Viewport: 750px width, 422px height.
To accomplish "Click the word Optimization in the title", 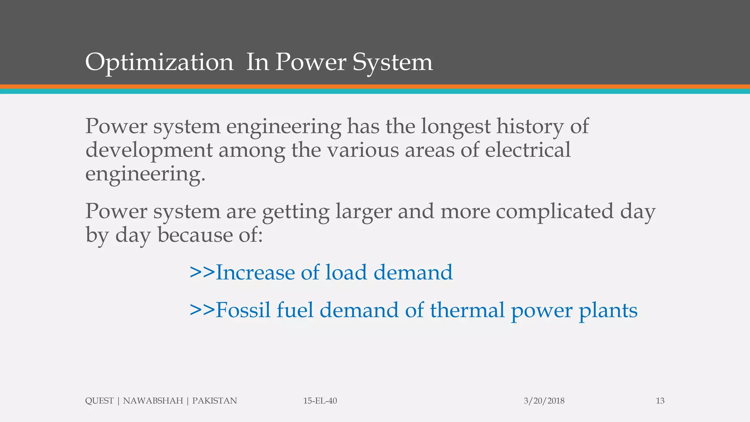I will (x=159, y=62).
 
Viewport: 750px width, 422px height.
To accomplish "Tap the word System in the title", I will (x=393, y=62).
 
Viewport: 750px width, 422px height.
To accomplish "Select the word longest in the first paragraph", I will (x=456, y=127).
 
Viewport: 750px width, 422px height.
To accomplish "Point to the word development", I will (x=149, y=151).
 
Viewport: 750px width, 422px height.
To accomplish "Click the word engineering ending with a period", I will (x=145, y=174).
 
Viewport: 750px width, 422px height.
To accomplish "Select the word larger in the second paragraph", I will (x=364, y=212).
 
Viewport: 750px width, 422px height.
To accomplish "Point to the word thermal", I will (x=467, y=310).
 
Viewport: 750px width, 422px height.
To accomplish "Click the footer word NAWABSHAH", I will (x=153, y=401).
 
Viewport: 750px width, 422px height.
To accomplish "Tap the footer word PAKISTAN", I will (x=215, y=401).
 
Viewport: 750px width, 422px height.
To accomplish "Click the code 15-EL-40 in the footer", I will (x=320, y=401).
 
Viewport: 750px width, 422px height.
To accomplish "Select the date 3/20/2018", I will (x=544, y=401).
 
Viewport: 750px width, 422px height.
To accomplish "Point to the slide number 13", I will (x=660, y=401).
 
